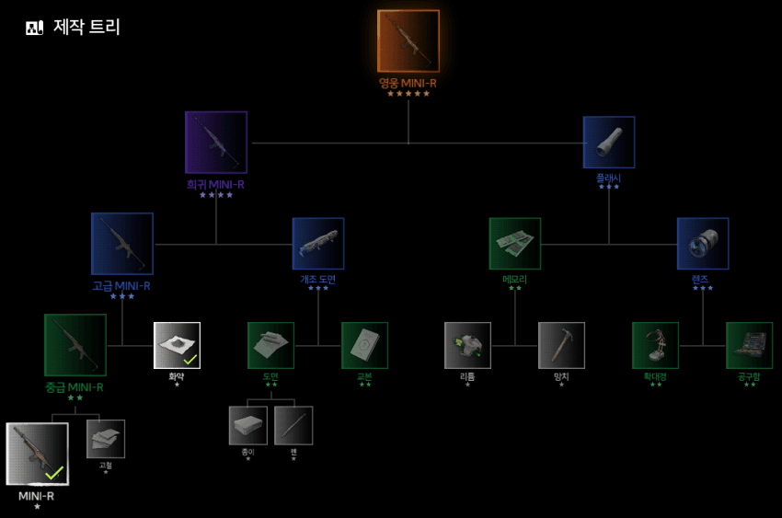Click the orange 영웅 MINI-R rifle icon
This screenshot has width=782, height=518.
[408, 41]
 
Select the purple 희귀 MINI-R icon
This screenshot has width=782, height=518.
[216, 143]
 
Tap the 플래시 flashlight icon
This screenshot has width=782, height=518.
[609, 143]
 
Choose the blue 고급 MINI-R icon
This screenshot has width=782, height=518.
[122, 244]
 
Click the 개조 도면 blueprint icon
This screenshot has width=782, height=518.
[318, 244]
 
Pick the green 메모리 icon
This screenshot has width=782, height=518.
[515, 244]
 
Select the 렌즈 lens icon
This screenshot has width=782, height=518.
[703, 244]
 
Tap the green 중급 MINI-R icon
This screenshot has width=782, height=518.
[75, 345]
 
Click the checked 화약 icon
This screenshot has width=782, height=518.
[177, 345]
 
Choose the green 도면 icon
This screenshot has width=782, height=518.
[271, 345]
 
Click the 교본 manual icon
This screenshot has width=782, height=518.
[365, 345]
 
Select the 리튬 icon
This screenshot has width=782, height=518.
[467, 345]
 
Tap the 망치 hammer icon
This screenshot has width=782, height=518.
[561, 345]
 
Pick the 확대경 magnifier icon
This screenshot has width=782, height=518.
[655, 345]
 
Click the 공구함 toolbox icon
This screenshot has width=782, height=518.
[749, 345]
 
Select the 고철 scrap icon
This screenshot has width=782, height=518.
[106, 439]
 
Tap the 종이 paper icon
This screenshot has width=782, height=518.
[248, 426]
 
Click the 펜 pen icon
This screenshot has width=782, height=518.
[293, 426]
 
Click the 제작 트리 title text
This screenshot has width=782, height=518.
[86, 27]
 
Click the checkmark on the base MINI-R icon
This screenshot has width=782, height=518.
[54, 473]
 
